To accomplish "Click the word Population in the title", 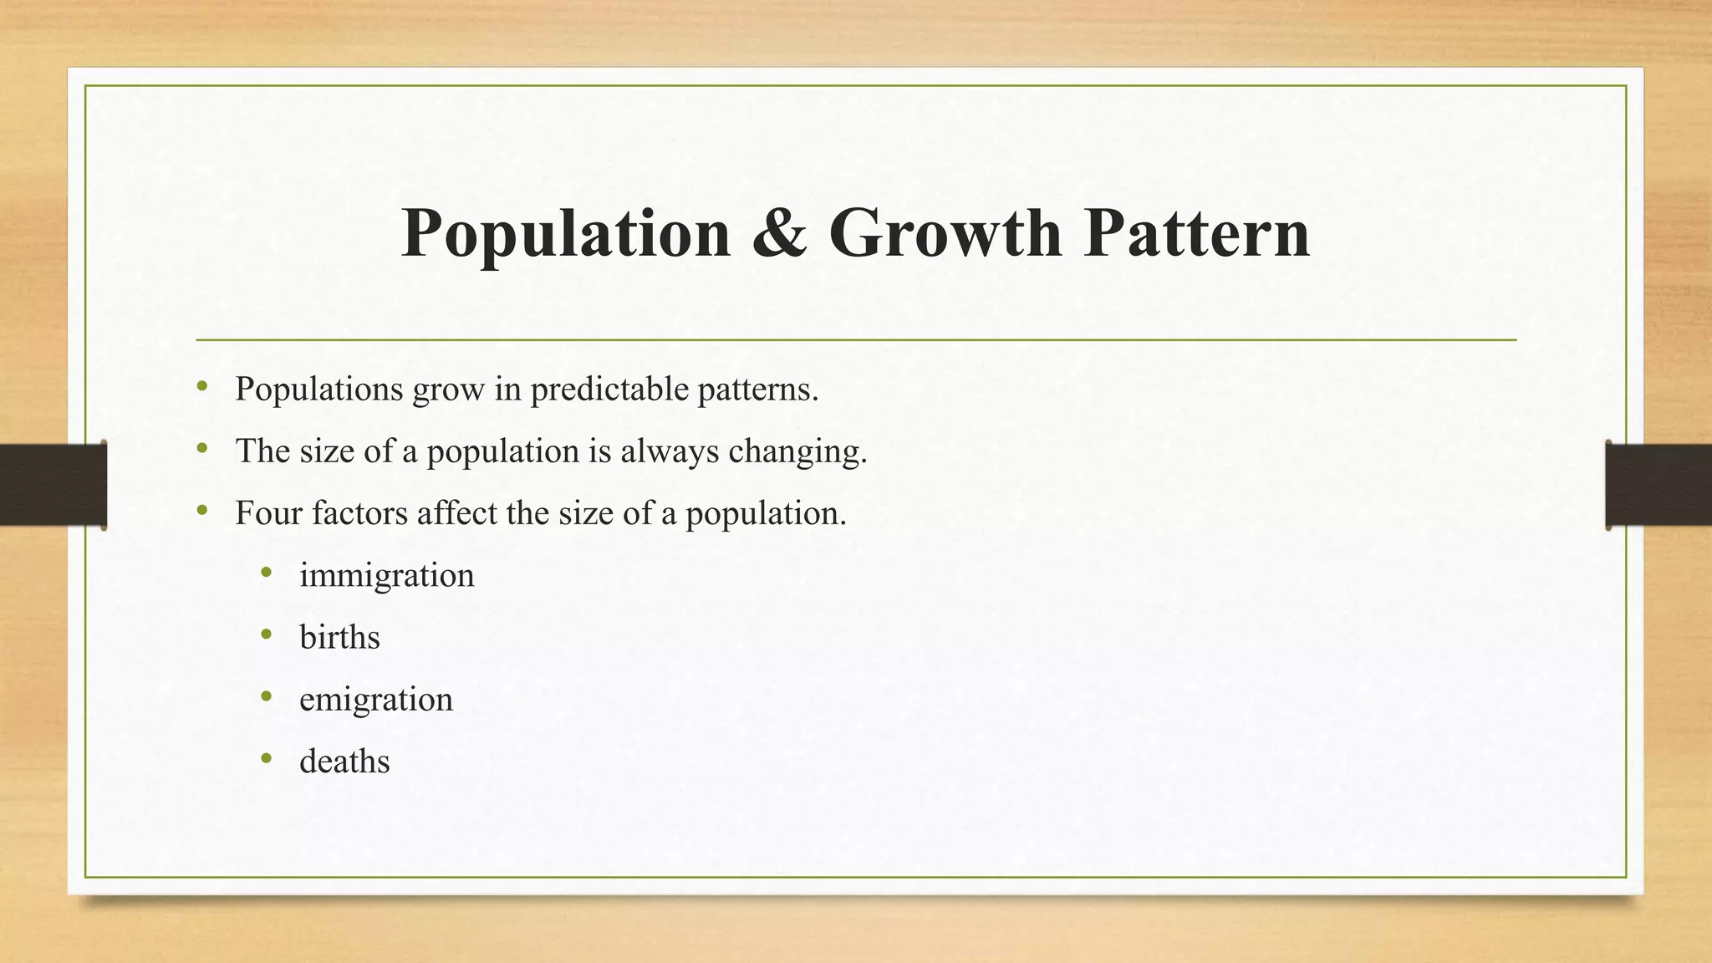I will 566,233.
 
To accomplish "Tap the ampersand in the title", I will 779,233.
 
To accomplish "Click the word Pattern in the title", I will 1196,233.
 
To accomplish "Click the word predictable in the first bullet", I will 609,390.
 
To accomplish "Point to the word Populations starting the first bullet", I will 319,390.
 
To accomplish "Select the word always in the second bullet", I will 670,451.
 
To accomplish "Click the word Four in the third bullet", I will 268,513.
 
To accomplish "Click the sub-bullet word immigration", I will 386,576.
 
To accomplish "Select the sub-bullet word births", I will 339,638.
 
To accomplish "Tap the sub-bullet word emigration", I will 376,700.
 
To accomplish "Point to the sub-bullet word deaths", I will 344,762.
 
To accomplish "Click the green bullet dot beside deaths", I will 266,759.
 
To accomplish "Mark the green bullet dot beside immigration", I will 266,573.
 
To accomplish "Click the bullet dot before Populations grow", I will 201,386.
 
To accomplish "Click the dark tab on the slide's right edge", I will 1658,485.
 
